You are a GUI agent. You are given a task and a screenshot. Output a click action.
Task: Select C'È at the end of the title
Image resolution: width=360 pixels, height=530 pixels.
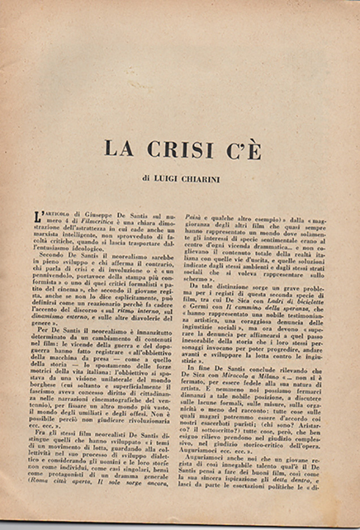244,149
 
